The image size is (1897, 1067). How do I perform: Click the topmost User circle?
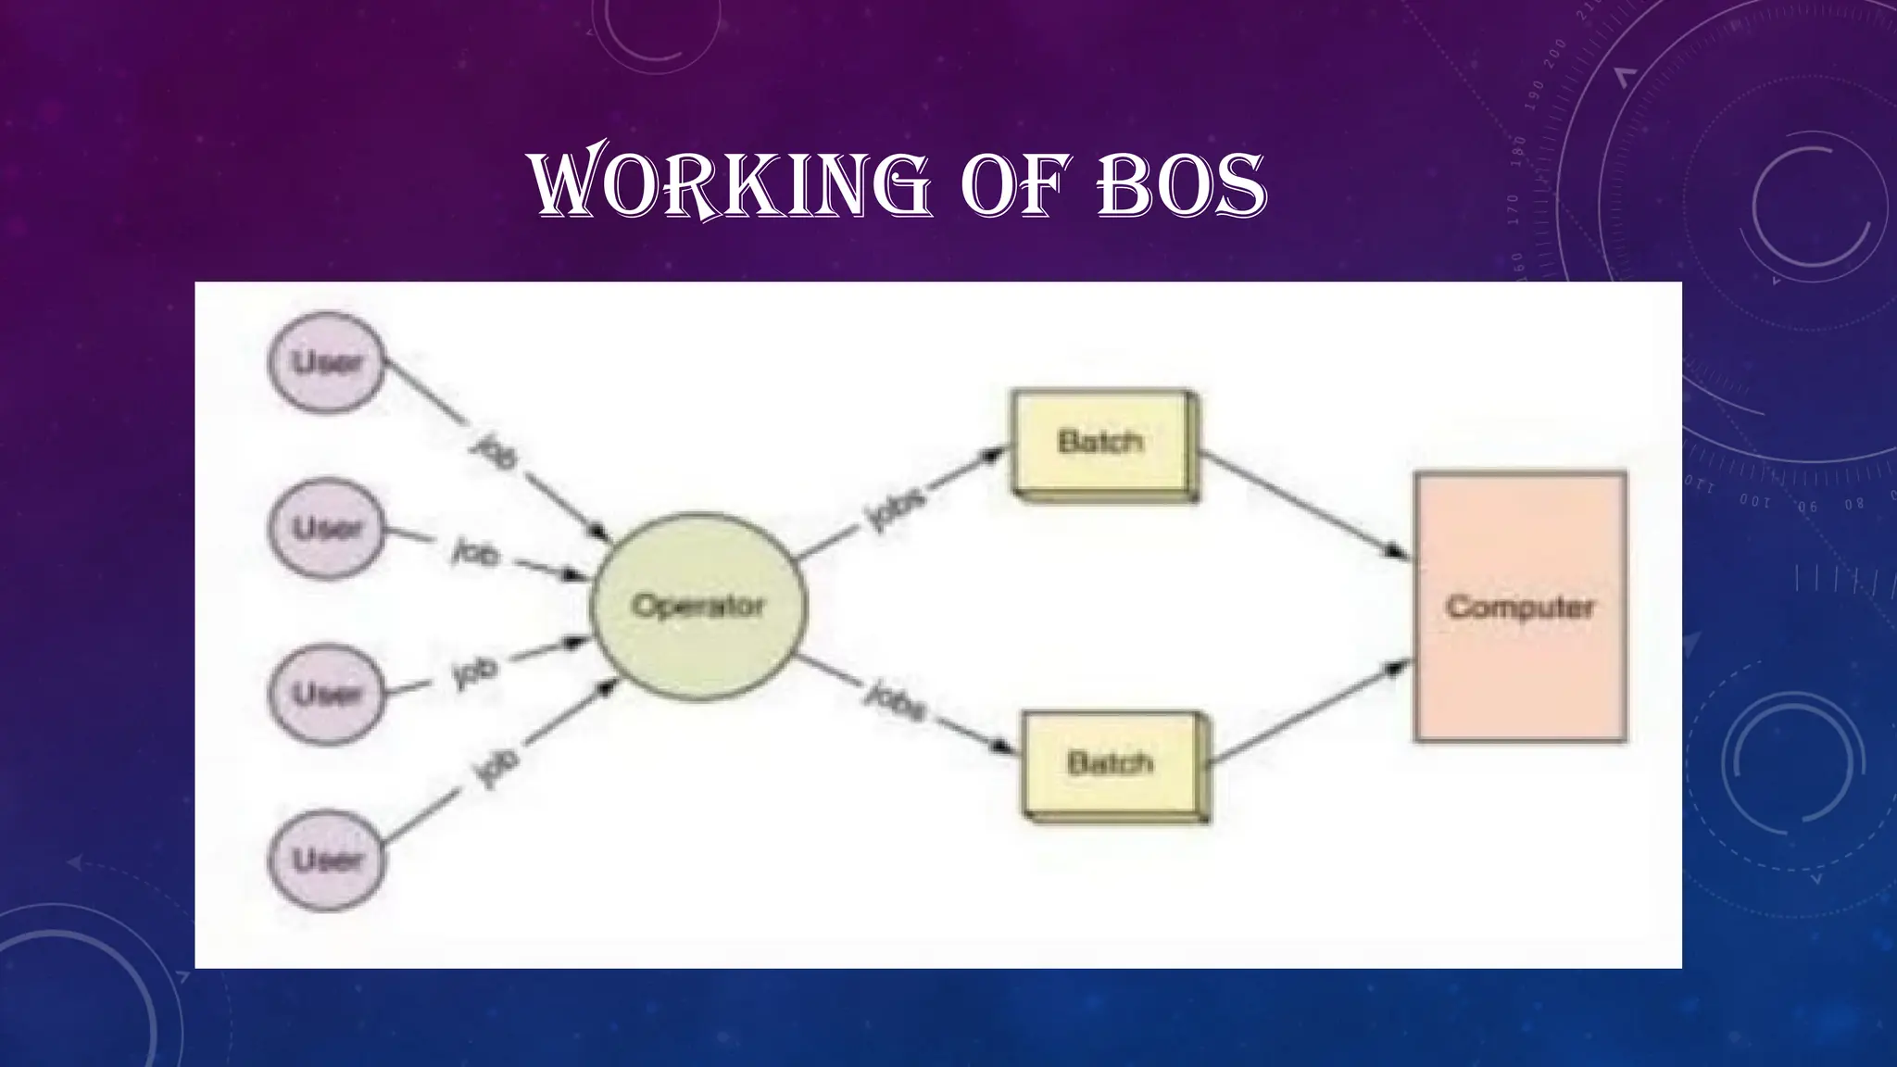[326, 362]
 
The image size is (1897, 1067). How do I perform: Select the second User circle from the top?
[326, 528]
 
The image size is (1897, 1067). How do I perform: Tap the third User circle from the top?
[326, 694]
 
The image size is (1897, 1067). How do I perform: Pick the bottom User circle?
[326, 860]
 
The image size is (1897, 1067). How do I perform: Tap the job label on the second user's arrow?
[476, 553]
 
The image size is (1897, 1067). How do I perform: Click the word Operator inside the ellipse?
[698, 606]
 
